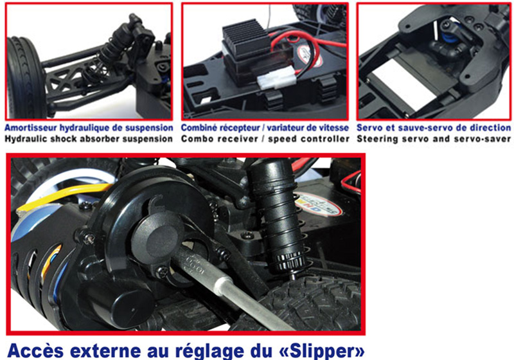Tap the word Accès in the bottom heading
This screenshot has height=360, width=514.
pyautogui.click(x=35, y=350)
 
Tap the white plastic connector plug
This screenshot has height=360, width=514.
pyautogui.click(x=277, y=80)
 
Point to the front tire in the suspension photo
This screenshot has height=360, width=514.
pyautogui.click(x=25, y=78)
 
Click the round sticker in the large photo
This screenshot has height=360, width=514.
pyautogui.click(x=317, y=204)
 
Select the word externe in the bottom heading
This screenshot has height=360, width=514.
pyautogui.click(x=107, y=351)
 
